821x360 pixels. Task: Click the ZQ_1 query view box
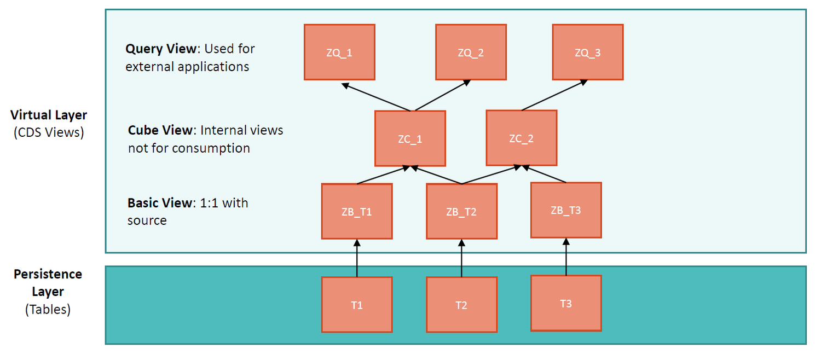[339, 52]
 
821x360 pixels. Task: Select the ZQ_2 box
[471, 52]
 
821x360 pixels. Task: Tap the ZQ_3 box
[587, 52]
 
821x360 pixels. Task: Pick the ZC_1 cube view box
[410, 138]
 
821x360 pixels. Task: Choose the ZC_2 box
[521, 138]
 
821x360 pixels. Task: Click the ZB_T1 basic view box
[357, 211]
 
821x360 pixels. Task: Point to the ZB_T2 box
[461, 211]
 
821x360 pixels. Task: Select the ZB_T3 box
[566, 210]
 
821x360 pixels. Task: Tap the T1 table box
[357, 305]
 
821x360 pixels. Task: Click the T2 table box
[461, 305]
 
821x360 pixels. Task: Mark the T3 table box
[566, 303]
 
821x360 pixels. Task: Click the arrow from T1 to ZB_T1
[357, 258]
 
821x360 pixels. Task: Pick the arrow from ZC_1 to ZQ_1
[378, 97]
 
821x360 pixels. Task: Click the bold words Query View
[160, 49]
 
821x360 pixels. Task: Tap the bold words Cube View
[160, 130]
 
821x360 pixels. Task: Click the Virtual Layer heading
[49, 115]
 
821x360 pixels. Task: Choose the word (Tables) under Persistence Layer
[48, 309]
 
